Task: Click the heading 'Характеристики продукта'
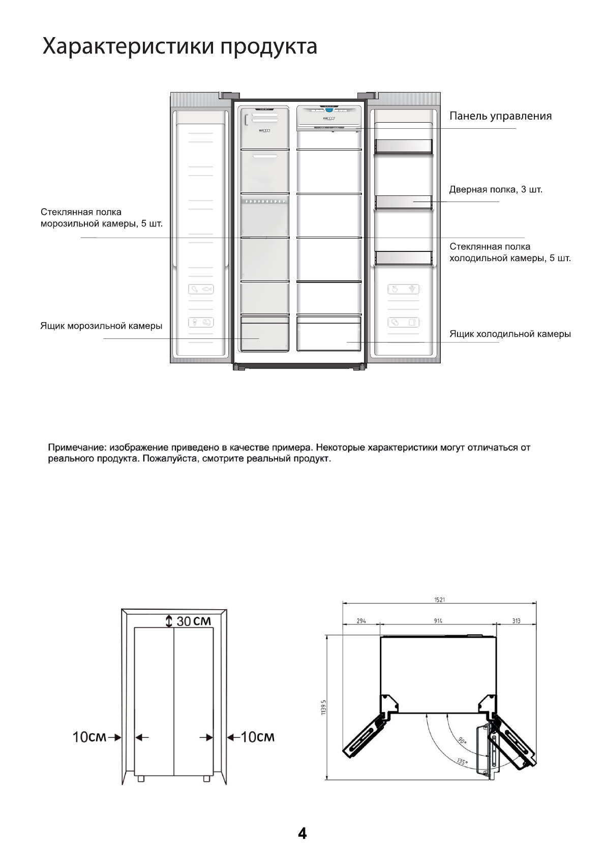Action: pos(179,47)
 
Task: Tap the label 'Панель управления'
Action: pos(500,116)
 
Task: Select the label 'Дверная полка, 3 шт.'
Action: pos(496,190)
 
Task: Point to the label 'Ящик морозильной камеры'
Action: pos(101,326)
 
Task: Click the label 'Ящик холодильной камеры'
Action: pos(510,334)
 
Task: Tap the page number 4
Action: pos(302,834)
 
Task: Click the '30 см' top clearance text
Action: pos(193,621)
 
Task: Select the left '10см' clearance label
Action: pos(89,737)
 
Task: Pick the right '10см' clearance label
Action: pos(257,737)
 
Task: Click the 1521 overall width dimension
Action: pos(439,600)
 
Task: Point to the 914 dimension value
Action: pos(438,621)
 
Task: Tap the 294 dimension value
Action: pos(361,621)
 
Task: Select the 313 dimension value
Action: pos(516,621)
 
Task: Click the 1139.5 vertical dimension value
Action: pos(323,707)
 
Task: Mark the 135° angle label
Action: pos(462,762)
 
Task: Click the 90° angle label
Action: pos(462,741)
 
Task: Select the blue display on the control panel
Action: pos(329,109)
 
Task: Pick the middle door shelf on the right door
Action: pos(404,203)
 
